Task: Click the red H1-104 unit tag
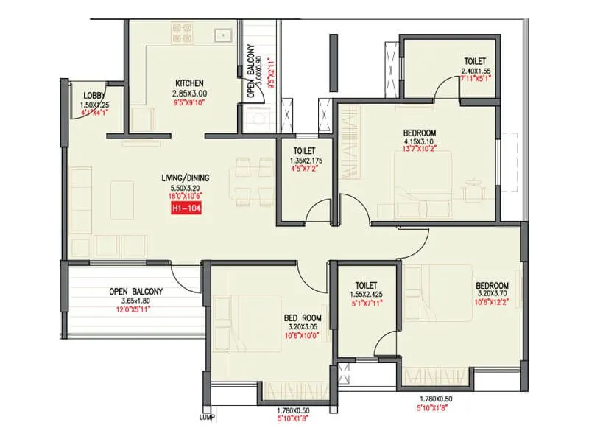(x=185, y=209)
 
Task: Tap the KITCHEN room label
(x=189, y=83)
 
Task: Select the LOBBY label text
(x=94, y=96)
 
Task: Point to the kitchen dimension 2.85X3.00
(x=190, y=94)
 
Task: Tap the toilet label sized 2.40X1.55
(x=475, y=61)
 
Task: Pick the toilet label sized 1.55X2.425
(x=366, y=285)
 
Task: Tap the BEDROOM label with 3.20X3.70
(x=492, y=286)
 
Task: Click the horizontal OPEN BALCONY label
(x=135, y=291)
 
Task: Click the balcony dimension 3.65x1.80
(x=135, y=301)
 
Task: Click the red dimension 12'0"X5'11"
(x=135, y=309)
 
